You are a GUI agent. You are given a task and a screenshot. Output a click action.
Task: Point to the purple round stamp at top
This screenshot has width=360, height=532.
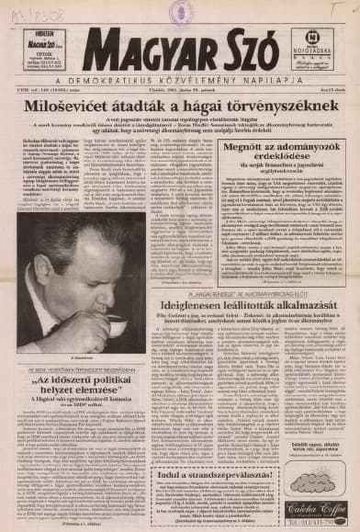180,11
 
